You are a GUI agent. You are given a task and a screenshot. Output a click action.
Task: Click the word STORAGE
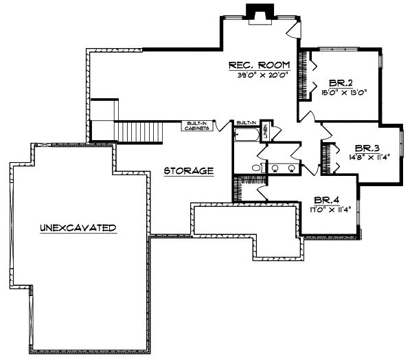click(189, 170)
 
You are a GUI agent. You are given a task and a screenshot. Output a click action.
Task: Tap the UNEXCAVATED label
click(77, 227)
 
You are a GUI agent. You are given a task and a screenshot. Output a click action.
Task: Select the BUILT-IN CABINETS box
click(196, 126)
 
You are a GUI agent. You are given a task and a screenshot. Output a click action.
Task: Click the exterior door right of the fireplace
click(293, 28)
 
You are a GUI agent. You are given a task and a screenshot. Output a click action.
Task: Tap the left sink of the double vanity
click(275, 167)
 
